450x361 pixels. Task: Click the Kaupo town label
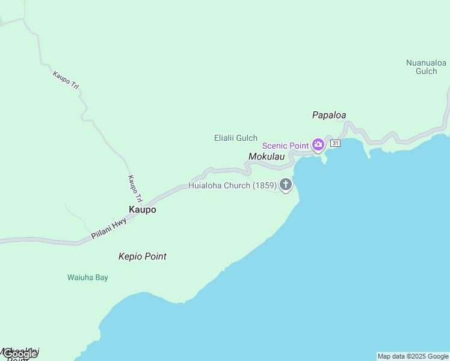(142, 209)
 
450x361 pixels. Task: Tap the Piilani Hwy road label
(109, 230)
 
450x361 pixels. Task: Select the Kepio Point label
(142, 256)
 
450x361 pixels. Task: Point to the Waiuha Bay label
(87, 277)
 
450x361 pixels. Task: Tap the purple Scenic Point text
(286, 146)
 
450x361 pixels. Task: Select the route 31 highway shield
(335, 143)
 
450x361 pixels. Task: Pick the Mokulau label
(266, 156)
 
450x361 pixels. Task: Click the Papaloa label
(329, 115)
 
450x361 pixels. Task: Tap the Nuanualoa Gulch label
(426, 66)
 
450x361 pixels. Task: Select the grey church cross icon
(286, 185)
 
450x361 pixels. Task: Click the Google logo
(20, 354)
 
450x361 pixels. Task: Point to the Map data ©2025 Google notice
(413, 356)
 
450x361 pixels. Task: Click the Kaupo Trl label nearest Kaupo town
(135, 188)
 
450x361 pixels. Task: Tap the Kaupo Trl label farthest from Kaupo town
(66, 81)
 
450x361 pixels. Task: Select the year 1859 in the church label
(264, 185)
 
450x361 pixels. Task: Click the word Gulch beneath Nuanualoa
(426, 71)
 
